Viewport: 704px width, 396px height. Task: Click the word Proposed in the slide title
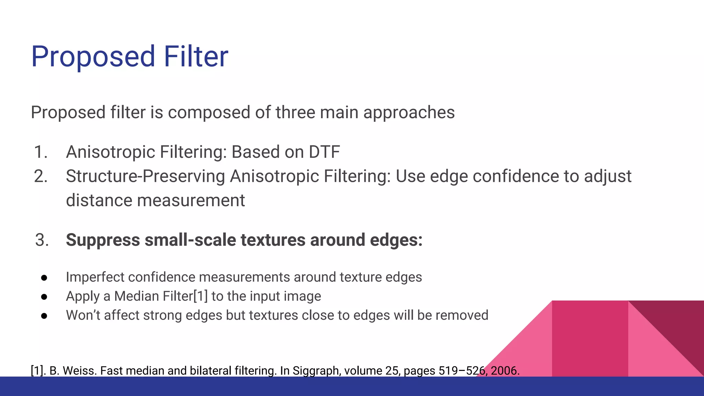93,57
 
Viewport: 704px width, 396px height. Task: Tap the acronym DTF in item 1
324,152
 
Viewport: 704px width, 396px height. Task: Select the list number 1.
41,152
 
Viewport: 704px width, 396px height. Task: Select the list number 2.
41,176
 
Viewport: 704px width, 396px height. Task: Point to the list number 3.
42,240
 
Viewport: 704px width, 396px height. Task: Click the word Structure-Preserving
145,176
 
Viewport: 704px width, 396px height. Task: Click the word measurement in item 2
191,200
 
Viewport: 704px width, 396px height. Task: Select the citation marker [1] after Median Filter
201,296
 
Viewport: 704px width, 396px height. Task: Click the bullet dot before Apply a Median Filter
44,297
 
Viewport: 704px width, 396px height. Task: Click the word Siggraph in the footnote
316,371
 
